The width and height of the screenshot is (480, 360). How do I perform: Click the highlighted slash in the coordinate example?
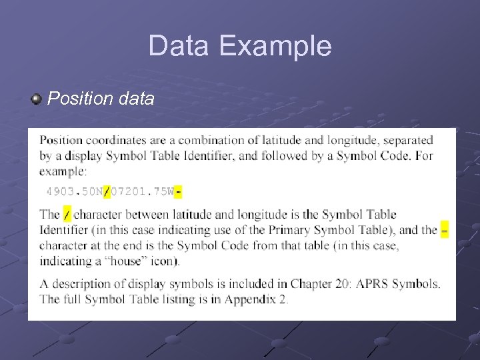[x=107, y=192]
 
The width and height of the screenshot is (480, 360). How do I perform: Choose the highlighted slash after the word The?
[x=67, y=215]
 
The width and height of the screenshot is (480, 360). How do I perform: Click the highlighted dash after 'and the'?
[x=445, y=230]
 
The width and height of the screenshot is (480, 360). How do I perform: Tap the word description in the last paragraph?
[x=82, y=284]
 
